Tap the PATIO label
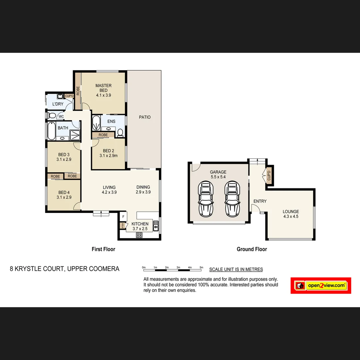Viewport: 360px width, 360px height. pos(145,117)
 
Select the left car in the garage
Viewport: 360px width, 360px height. pos(205,199)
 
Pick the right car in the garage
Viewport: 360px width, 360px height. pos(232,199)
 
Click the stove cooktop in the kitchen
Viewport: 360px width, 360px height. pos(139,235)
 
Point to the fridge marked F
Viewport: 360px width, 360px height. pos(123,217)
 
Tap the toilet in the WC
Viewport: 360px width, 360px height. pos(52,116)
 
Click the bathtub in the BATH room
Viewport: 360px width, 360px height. pos(52,131)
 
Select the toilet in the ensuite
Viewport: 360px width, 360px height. pos(120,133)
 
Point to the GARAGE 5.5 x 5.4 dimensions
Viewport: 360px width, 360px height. pos(218,177)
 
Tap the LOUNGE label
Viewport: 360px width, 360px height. pos(291,211)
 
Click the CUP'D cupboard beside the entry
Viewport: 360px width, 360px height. pos(269,176)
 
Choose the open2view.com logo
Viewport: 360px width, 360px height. pos(321,286)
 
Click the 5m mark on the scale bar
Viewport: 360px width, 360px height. pos(201,267)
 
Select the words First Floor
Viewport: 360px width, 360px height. pos(103,249)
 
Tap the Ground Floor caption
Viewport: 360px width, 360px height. pos(252,249)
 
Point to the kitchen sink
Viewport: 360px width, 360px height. pos(155,226)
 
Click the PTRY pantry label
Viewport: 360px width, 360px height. pos(123,226)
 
